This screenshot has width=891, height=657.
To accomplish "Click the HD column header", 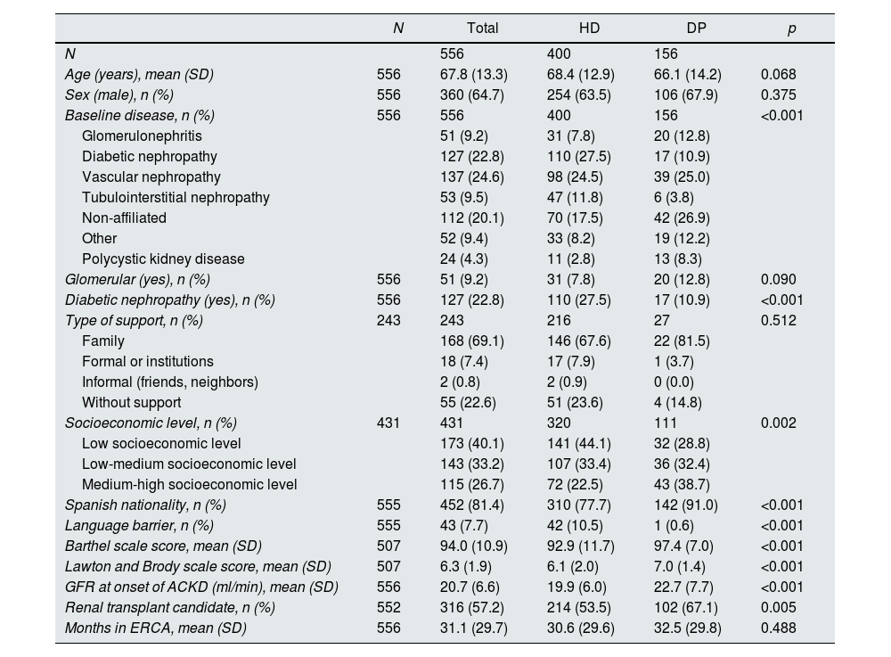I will tap(589, 28).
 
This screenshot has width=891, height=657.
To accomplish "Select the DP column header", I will tap(696, 28).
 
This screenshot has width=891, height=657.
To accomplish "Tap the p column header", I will tap(791, 28).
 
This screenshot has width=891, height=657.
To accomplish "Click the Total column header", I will tap(482, 28).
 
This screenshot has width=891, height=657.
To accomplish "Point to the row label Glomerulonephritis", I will tap(142, 136).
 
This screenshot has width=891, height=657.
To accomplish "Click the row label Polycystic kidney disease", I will tap(163, 259).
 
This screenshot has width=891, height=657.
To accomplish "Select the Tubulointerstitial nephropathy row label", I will tap(176, 198).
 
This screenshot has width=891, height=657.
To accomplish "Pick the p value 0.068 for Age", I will tap(779, 75).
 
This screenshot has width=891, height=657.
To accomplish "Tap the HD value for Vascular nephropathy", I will tap(575, 177).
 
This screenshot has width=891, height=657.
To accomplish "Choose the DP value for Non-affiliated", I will tap(682, 218).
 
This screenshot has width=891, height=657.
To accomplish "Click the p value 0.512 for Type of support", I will tap(779, 321).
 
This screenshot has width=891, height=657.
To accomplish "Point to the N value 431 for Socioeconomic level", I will tap(388, 423).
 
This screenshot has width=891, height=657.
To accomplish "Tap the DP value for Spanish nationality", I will tap(685, 505).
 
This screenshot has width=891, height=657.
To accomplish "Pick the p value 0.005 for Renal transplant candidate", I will tap(779, 608).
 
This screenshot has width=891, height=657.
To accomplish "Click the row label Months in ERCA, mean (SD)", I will tap(155, 628).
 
